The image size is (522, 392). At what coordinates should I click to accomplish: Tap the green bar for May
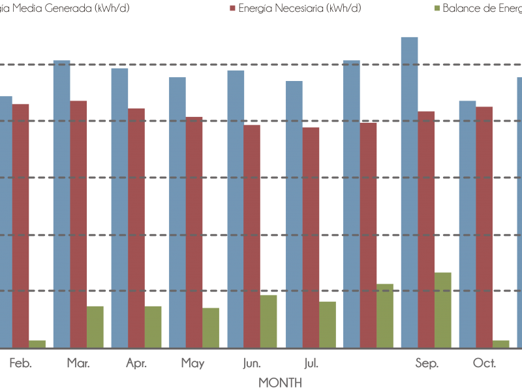tap(211, 327)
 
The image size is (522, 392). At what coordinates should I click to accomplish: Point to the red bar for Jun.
tap(252, 236)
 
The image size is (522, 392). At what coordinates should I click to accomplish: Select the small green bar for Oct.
tap(501, 344)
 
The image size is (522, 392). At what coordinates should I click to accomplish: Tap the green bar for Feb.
tap(37, 344)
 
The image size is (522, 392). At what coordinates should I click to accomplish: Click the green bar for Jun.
tap(269, 321)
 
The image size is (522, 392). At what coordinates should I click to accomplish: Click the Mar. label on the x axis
tap(78, 363)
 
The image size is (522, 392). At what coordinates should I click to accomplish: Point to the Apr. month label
tap(136, 363)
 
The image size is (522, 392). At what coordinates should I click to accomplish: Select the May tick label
tap(194, 363)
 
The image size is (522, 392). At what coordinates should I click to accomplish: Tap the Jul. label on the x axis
tap(311, 363)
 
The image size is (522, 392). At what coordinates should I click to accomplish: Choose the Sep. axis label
tap(427, 363)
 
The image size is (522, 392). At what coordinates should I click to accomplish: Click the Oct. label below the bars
tap(485, 363)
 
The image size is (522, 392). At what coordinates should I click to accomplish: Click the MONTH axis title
tap(281, 382)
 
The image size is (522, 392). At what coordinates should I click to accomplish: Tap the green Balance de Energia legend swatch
tap(437, 8)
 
